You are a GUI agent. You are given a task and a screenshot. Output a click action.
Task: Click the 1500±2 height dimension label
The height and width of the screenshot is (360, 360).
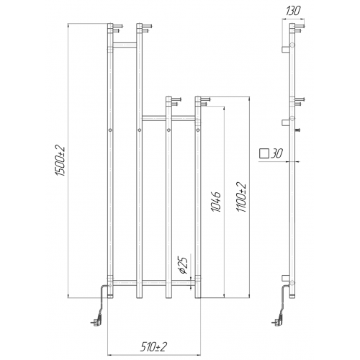(x=60, y=161)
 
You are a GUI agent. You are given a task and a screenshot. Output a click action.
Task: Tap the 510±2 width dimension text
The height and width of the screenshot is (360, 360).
(x=153, y=347)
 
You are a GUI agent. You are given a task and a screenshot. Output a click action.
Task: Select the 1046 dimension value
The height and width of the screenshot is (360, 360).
(x=216, y=202)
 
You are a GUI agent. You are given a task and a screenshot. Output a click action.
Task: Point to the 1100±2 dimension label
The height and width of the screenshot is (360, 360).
(x=241, y=197)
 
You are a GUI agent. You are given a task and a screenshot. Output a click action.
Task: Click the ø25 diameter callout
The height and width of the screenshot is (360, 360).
(x=183, y=266)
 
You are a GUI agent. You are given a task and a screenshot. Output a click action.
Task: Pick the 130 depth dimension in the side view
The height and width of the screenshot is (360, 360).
(x=293, y=11)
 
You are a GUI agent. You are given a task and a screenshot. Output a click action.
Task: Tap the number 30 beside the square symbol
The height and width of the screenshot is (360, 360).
(x=276, y=153)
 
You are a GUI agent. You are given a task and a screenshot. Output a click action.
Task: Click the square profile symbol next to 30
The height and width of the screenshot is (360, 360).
(x=264, y=153)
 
